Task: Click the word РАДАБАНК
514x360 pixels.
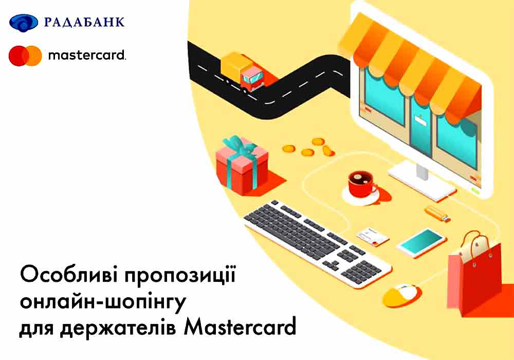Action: [x=84, y=22]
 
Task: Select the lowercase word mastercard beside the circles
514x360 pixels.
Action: [x=87, y=55]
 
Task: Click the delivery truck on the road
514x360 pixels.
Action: [x=243, y=71]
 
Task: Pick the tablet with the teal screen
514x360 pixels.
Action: [x=421, y=243]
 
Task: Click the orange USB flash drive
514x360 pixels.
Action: [x=437, y=213]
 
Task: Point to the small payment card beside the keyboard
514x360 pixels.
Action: [x=373, y=237]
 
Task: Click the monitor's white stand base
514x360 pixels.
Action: [x=422, y=182]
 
